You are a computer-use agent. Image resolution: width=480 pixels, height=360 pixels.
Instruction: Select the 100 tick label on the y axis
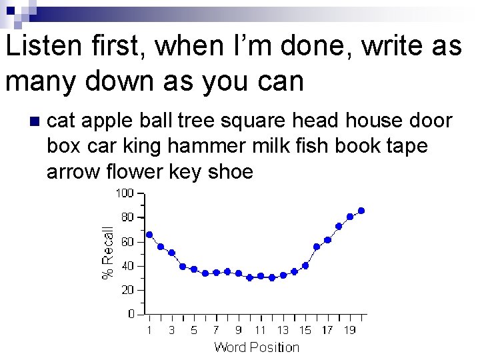coord(125,193)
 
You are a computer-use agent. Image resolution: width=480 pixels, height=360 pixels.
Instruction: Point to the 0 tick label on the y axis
coord(131,314)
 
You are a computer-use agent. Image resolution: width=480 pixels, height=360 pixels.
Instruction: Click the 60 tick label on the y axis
coord(127,241)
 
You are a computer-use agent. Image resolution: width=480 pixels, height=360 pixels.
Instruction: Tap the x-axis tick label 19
coord(349,330)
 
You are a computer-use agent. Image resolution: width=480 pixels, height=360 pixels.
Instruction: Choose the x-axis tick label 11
coord(261,330)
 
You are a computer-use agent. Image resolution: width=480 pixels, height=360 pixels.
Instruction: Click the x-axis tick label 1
coord(149,330)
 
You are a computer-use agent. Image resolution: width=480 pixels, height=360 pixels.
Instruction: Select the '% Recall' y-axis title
coord(107,253)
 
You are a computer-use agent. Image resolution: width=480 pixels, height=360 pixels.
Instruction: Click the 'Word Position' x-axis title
coord(257,347)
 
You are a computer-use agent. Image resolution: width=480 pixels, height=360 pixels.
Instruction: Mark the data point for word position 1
coord(149,235)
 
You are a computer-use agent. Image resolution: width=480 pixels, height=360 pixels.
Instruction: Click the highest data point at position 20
coord(361,211)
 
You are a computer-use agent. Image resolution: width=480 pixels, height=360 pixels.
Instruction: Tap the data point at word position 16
coord(317,247)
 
